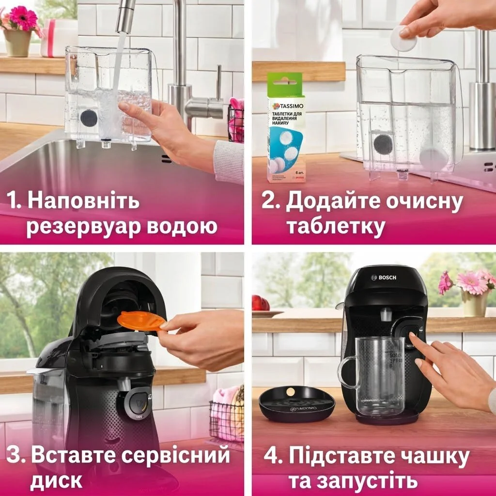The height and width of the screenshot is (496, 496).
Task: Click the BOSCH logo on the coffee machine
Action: (x=384, y=277)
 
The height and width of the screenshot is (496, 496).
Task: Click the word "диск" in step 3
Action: (x=57, y=481)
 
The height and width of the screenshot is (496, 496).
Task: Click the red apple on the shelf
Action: (x=260, y=303)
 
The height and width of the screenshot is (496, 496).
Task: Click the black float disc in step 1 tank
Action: (x=88, y=117)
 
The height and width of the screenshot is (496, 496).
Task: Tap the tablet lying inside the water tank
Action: (x=433, y=158)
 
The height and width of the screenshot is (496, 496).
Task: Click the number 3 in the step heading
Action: (x=15, y=456)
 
